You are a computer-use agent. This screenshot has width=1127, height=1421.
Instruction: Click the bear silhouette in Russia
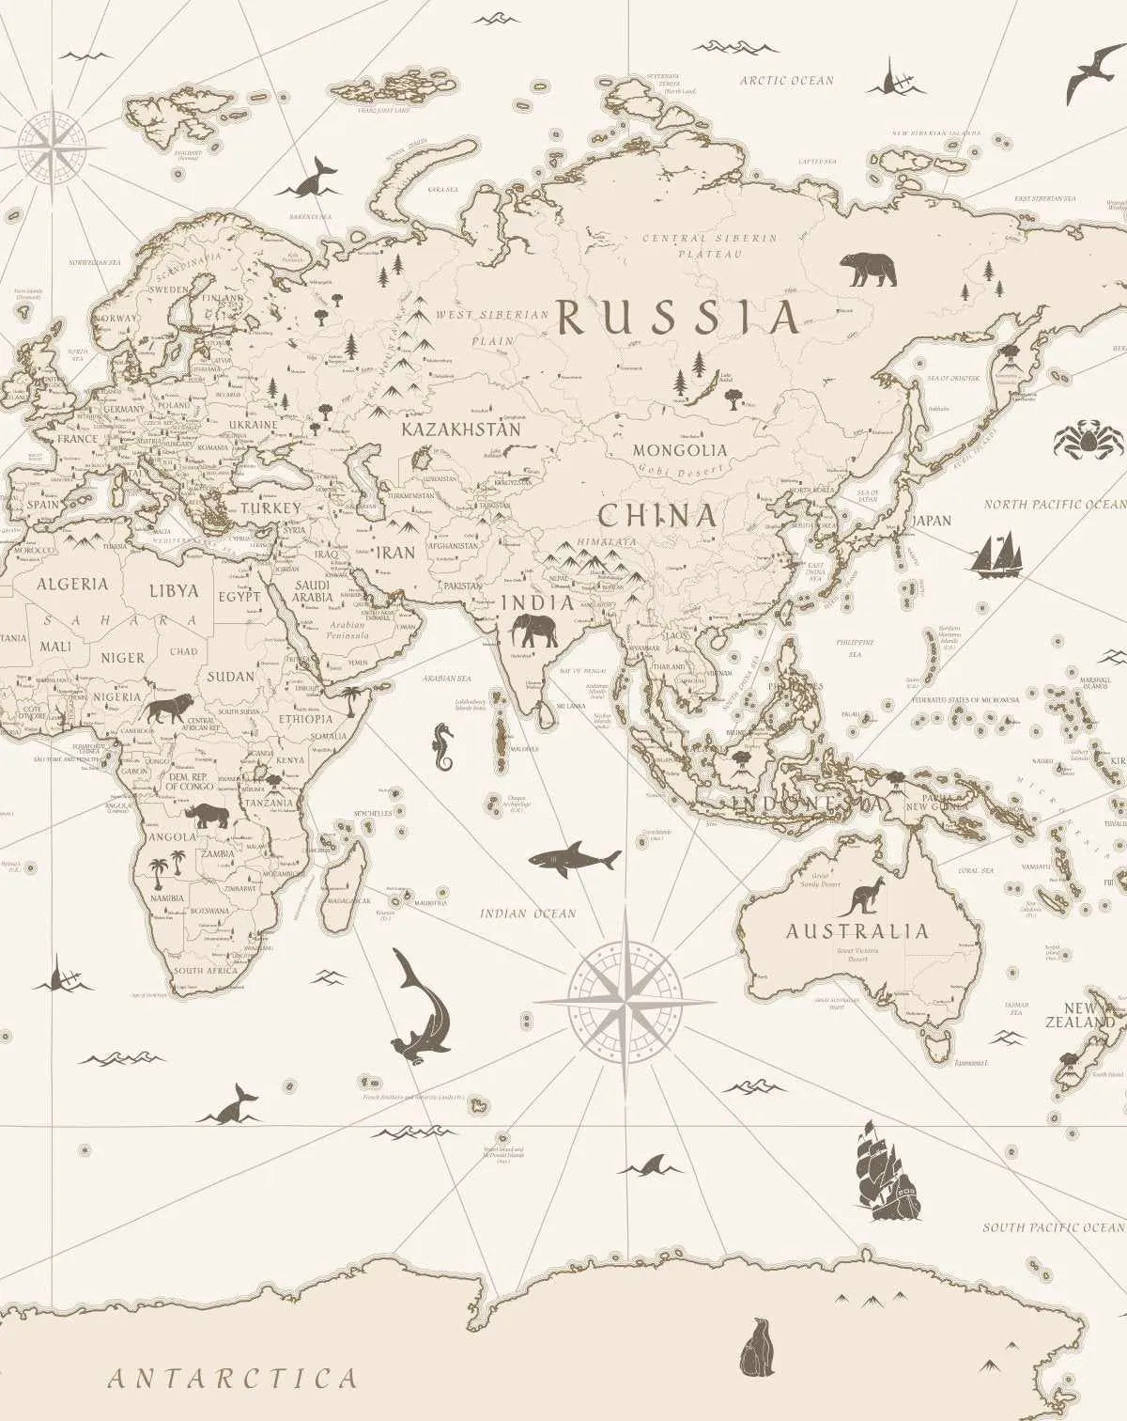click(x=868, y=270)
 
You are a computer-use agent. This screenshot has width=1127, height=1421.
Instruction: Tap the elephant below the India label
click(x=534, y=631)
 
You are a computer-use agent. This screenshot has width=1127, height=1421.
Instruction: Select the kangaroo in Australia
click(x=857, y=898)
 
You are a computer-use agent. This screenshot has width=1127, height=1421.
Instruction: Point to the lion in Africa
click(x=167, y=708)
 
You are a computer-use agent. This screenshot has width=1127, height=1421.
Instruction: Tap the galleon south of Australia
click(x=884, y=1170)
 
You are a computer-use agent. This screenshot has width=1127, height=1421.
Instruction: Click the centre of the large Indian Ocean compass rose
click(x=625, y=1002)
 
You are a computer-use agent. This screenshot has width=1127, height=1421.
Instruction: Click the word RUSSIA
click(x=678, y=319)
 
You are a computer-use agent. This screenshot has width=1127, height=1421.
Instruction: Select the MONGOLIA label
click(x=679, y=450)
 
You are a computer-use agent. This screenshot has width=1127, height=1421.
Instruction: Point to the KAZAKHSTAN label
click(x=460, y=429)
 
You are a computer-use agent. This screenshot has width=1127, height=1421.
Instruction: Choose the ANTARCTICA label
click(x=232, y=1379)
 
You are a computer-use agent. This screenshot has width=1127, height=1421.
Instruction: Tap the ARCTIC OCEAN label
click(x=786, y=81)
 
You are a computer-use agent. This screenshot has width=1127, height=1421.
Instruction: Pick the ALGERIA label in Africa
click(x=72, y=584)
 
